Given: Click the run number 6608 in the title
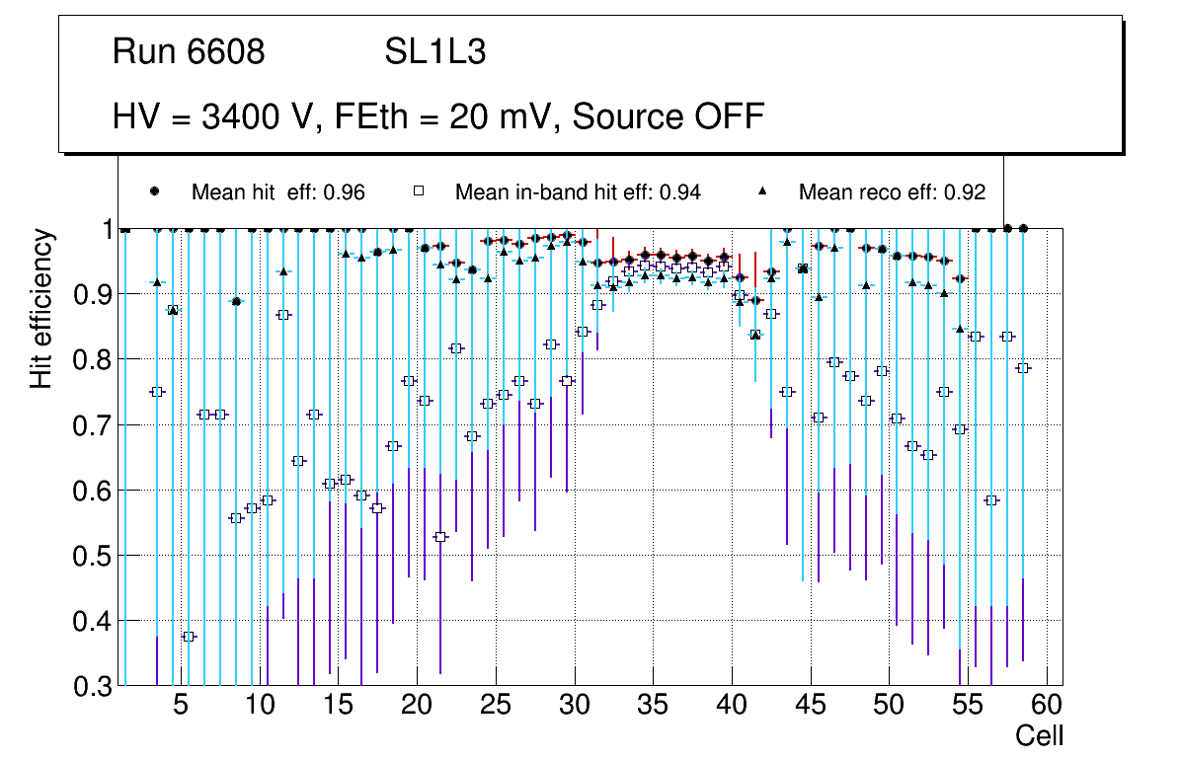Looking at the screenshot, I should click(225, 52).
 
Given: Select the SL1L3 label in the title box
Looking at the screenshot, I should click(434, 52).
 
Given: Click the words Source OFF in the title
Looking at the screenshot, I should click(669, 116).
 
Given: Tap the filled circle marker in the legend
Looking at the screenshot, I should click(154, 191).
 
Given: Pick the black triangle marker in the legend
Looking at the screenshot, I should click(764, 191).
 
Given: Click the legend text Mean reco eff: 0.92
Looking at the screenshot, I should click(892, 192).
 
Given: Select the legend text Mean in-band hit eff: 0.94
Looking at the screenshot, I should click(578, 192).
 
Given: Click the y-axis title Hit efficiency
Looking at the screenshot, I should click(41, 308).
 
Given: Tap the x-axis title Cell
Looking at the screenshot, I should click(1040, 735).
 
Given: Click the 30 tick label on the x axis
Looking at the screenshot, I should click(574, 707).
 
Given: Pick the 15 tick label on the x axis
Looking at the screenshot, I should click(338, 707).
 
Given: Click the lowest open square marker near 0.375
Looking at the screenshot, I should click(189, 637).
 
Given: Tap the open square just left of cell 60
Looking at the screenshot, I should click(1023, 368).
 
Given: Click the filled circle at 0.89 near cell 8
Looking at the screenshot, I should click(236, 301).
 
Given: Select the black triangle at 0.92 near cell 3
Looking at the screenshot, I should click(157, 282).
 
